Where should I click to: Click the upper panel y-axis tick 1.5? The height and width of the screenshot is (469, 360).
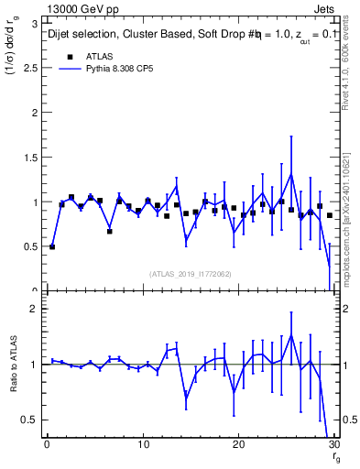(x=31, y=157)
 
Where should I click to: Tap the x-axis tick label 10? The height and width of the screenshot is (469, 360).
(x=143, y=444)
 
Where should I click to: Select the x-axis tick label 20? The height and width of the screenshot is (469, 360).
(x=238, y=444)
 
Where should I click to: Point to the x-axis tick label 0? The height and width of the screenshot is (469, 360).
(x=47, y=444)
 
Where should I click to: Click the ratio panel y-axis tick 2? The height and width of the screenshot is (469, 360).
(x=35, y=310)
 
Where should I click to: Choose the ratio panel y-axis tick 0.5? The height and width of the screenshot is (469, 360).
(x=31, y=420)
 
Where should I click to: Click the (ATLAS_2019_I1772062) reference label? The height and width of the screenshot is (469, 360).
(x=190, y=274)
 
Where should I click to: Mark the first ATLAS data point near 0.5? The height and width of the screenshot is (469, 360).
(x=52, y=246)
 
